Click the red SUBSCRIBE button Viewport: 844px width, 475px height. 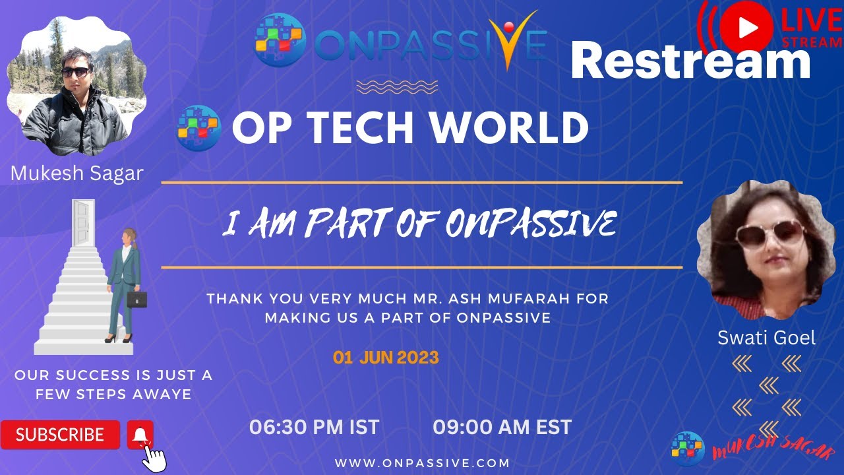pyautogui.click(x=60, y=435)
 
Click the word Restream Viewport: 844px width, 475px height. pyautogui.click(x=690, y=62)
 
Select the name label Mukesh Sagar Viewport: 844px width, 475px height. pyautogui.click(x=77, y=174)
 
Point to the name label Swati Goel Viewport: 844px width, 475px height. pyautogui.click(x=766, y=338)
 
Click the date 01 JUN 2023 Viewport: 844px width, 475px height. pyautogui.click(x=386, y=358)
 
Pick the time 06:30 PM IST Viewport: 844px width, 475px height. pyautogui.click(x=314, y=427)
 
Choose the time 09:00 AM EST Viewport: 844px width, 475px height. pyautogui.click(x=502, y=427)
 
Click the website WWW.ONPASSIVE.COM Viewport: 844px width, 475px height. pyautogui.click(x=422, y=463)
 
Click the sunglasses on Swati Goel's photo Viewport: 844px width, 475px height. pyautogui.click(x=769, y=234)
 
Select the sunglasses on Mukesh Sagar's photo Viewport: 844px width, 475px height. pyautogui.click(x=76, y=72)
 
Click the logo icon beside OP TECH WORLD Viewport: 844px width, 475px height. pyautogui.click(x=198, y=127)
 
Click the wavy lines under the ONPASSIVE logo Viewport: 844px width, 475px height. pyautogui.click(x=396, y=86)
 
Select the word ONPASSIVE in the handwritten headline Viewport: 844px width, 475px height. pyautogui.click(x=531, y=224)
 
